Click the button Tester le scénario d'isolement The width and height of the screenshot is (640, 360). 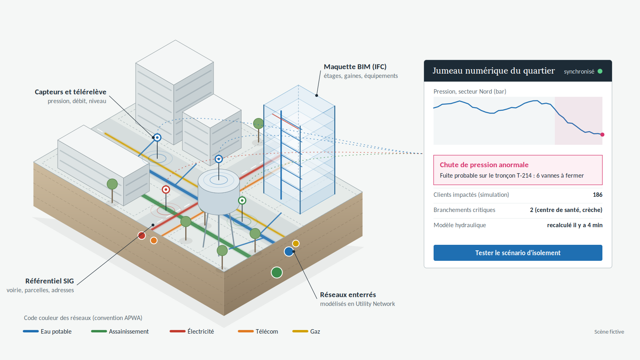coord(518,252)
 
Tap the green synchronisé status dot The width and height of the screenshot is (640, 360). coord(600,71)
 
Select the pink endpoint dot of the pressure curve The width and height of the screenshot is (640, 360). coord(602,134)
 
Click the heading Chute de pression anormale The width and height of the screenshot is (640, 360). coord(484,164)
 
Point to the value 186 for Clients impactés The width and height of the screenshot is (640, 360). coord(598,194)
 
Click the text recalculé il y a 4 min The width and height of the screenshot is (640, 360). coord(574,225)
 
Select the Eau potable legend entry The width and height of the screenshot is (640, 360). coord(47,332)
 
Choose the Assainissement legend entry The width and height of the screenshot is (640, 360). coord(120,332)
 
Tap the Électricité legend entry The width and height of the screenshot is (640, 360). coord(192,332)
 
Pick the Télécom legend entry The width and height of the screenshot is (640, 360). coord(258,332)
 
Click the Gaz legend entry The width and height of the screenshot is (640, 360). coord(306,332)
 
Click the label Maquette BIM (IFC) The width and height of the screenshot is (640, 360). coord(355,67)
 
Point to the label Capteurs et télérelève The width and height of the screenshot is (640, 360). coord(70,92)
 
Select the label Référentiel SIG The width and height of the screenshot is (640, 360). coord(50,281)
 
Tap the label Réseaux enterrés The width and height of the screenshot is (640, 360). coord(348,294)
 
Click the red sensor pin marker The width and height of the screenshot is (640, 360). coord(166,190)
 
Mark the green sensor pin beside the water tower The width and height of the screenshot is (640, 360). coord(242,200)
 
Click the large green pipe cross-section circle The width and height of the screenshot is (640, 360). coord(276,272)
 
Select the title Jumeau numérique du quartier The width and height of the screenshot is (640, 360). coord(494,70)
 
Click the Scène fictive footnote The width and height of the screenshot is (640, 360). coord(609,332)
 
